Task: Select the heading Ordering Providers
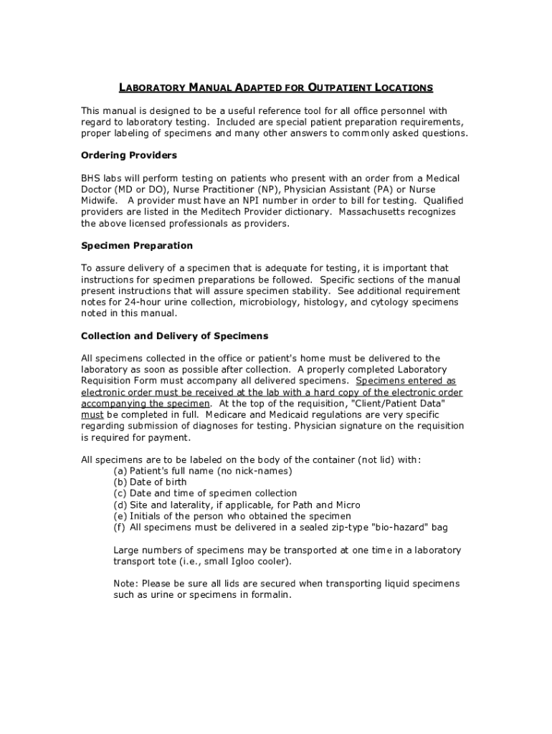(x=129, y=156)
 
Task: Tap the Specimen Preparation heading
(x=137, y=246)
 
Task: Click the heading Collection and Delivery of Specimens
(x=175, y=336)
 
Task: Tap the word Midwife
(x=98, y=201)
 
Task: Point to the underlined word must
(x=92, y=415)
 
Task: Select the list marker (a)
(x=120, y=471)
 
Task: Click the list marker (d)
(x=120, y=505)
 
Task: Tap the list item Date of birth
(x=158, y=482)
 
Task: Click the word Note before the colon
(x=125, y=583)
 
